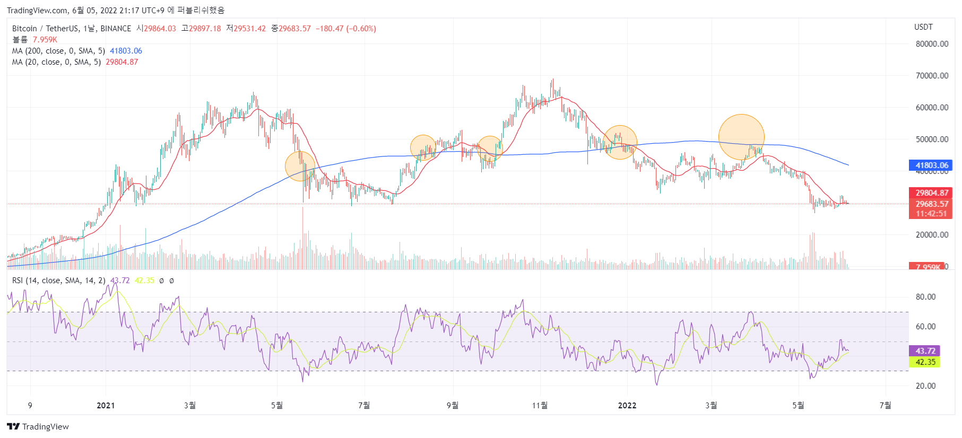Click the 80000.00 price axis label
(x=932, y=44)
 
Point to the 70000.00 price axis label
(x=932, y=76)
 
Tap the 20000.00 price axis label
(x=932, y=235)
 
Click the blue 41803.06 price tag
(x=931, y=165)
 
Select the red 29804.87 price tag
(x=931, y=193)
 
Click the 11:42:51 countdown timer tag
(x=931, y=214)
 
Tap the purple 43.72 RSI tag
(x=924, y=351)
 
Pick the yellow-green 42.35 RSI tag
(x=924, y=362)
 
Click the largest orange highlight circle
(x=741, y=137)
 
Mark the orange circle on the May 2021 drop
(x=300, y=166)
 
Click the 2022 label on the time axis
(x=627, y=406)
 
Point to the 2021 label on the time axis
(x=106, y=406)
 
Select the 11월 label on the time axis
(x=540, y=406)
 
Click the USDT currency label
(x=923, y=27)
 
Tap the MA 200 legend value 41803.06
(x=126, y=51)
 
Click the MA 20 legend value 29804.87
(x=122, y=62)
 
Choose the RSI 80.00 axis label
(x=925, y=297)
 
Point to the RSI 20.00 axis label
(x=925, y=386)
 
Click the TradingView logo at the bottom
(x=38, y=427)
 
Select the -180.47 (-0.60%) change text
(x=346, y=29)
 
